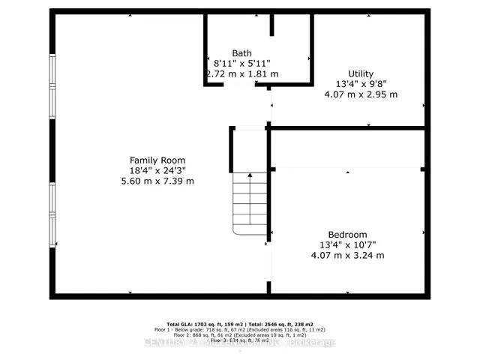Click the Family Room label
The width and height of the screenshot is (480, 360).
[x=157, y=160]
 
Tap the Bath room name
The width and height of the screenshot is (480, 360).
[x=241, y=53]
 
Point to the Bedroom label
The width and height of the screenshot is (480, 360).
[x=347, y=234]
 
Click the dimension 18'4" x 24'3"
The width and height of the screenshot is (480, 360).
[x=157, y=171]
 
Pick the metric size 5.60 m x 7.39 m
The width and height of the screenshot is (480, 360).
[x=157, y=181]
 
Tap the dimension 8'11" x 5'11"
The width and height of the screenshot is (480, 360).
[x=241, y=64]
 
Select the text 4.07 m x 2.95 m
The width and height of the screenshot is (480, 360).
[x=360, y=94]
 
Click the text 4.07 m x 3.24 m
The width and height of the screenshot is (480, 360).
[x=347, y=255]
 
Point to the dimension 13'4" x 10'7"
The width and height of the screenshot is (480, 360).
[x=347, y=244]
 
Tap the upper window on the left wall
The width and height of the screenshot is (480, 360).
[x=52, y=85]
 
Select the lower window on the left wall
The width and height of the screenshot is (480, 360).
[x=52, y=214]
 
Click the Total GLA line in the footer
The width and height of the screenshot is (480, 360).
[x=239, y=323]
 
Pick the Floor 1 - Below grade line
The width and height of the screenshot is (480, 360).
[x=239, y=328]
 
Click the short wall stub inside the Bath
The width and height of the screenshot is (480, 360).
[x=272, y=24]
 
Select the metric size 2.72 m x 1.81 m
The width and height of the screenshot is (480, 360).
[x=241, y=74]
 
